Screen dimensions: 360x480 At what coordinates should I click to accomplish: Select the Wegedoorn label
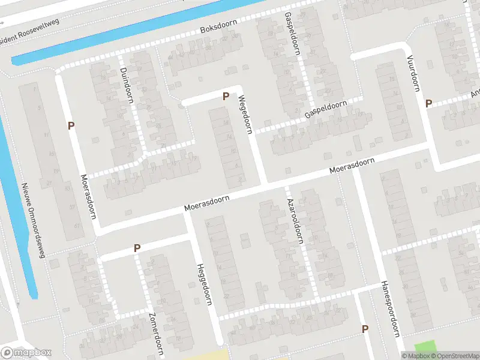[246, 114]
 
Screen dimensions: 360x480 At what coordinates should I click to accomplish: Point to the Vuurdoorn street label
[413, 74]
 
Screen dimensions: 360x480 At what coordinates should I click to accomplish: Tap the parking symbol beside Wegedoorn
[226, 96]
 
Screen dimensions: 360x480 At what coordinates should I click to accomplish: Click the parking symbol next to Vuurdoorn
[428, 103]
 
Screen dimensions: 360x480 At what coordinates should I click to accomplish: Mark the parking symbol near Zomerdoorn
[137, 248]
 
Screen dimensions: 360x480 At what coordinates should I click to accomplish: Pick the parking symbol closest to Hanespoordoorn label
[365, 329]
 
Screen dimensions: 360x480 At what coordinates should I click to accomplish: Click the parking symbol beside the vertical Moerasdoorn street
[71, 126]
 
